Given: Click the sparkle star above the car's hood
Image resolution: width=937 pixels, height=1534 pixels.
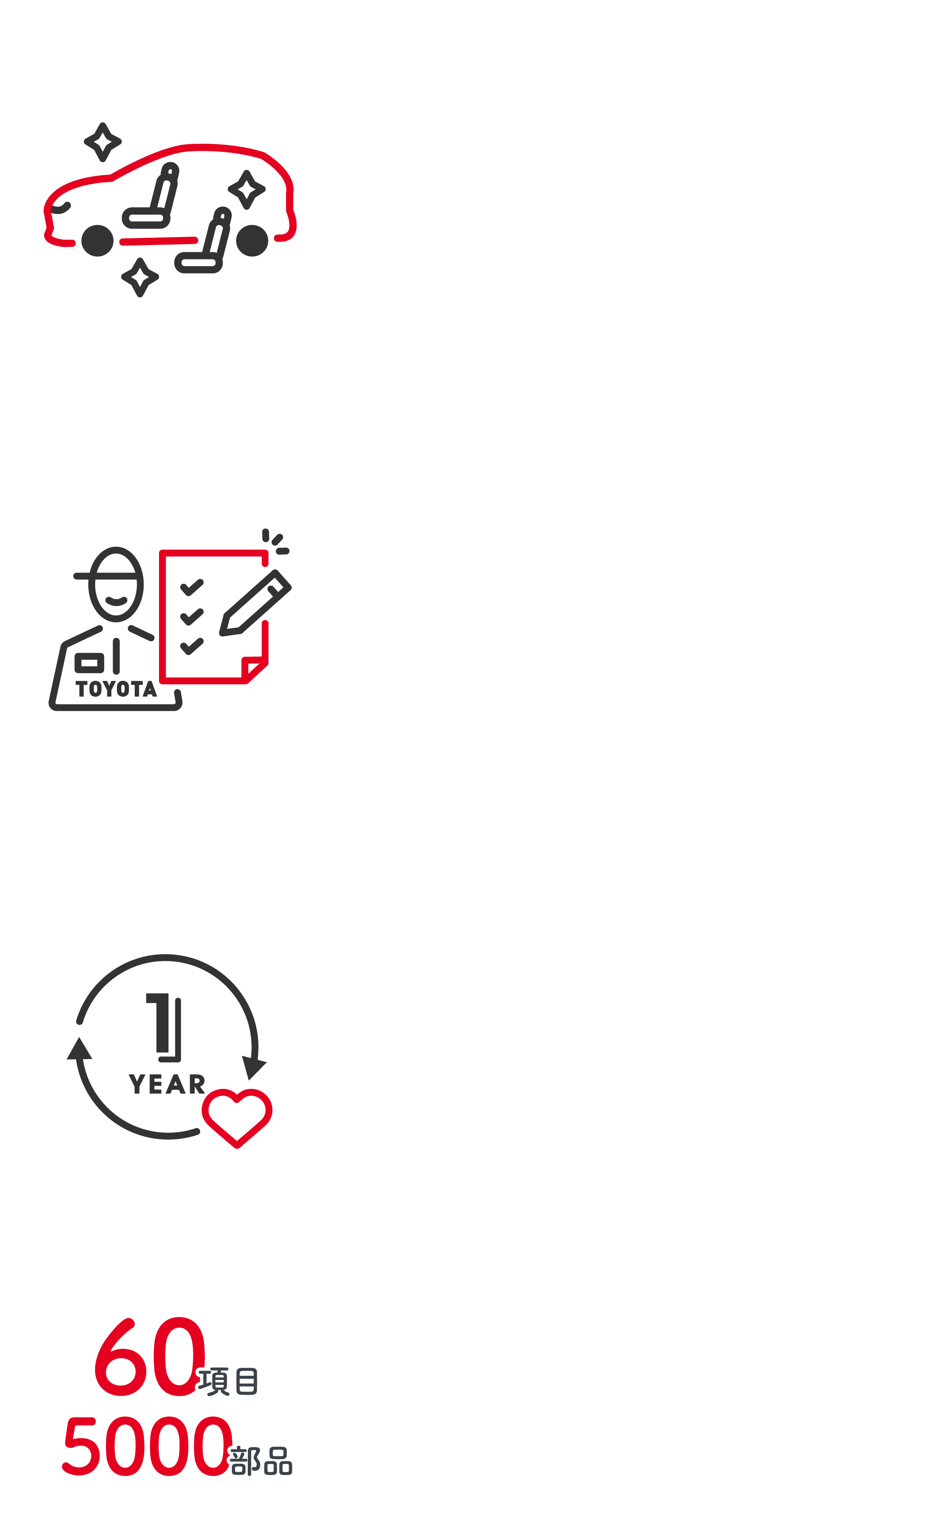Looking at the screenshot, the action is [103, 142].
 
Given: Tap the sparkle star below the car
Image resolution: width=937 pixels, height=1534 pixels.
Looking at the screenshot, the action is [140, 278].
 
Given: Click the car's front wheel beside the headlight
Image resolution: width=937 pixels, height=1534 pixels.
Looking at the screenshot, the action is [97, 240].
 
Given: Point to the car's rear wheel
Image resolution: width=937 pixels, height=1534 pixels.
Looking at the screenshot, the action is [252, 240].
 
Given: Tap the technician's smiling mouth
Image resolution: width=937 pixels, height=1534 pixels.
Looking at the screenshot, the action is [116, 601].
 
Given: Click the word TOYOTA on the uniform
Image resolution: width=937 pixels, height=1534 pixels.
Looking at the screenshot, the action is [116, 688].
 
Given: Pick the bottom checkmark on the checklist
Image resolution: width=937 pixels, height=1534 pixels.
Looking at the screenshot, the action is [192, 646].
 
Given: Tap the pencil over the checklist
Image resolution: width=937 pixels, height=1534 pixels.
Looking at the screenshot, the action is [255, 603].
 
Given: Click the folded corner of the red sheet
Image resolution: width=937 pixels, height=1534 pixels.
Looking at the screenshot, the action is [252, 670].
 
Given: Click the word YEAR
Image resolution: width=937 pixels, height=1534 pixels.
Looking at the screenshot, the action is [167, 1084].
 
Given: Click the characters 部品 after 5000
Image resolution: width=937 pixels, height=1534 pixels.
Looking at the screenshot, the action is [261, 1461].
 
